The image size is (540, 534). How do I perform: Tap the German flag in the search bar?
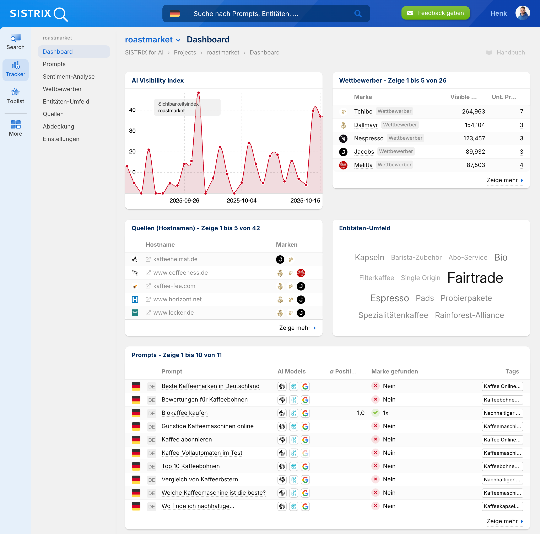pos(174,14)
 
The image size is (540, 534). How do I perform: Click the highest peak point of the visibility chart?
pos(198,93)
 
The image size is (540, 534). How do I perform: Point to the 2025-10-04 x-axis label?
pos(242,201)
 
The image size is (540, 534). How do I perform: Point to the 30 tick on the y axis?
pos(132,131)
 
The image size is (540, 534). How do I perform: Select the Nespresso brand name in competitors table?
pos(368,138)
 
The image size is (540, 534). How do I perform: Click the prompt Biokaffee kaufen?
pos(184,413)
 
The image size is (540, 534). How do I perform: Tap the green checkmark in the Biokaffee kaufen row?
pos(375,413)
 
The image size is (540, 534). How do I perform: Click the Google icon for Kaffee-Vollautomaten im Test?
pos(305,453)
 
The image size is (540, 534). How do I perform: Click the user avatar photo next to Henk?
pos(522,13)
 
